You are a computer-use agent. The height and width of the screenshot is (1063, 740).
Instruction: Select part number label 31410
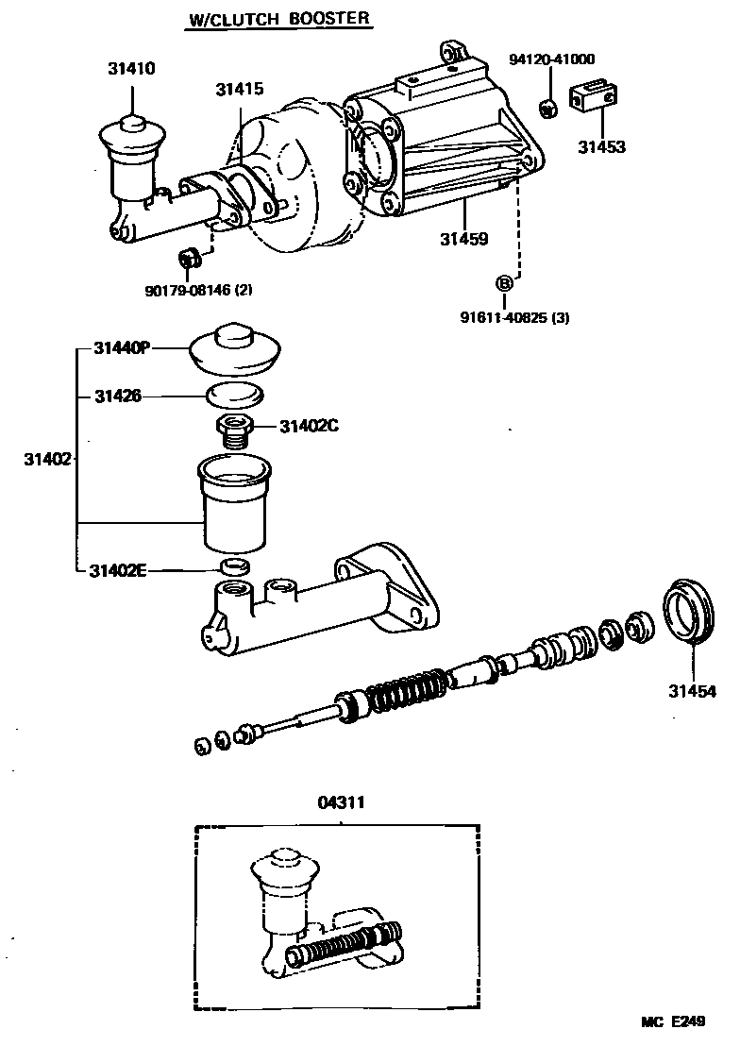[x=131, y=69]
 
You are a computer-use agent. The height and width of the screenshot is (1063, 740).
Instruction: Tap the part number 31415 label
[x=239, y=90]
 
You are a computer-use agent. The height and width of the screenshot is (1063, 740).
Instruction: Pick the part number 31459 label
[x=463, y=240]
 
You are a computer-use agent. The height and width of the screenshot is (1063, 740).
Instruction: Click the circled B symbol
[x=505, y=282]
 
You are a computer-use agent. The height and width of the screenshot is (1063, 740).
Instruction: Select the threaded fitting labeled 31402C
[x=234, y=430]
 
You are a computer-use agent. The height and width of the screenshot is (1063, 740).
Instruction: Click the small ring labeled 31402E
[x=234, y=567]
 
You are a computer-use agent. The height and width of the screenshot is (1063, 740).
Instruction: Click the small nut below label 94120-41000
[x=547, y=106]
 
